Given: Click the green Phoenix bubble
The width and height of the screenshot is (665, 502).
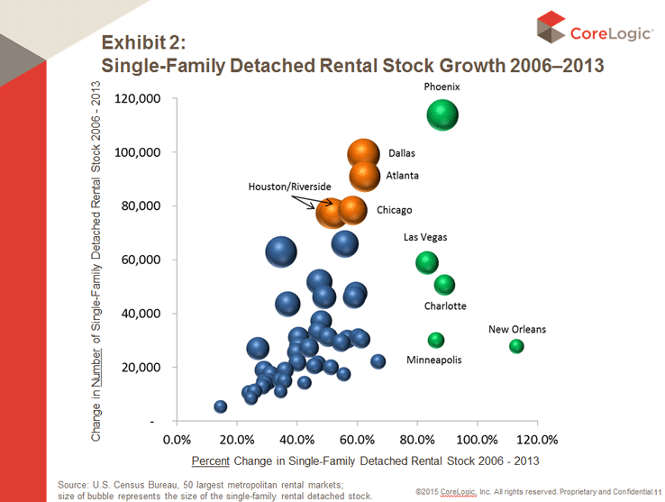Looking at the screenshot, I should (x=442, y=115).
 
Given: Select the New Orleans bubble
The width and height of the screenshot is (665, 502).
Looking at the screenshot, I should (x=516, y=346).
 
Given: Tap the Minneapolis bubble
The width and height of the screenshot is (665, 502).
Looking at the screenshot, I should (x=436, y=340).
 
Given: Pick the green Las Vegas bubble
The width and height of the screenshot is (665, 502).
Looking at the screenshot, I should (x=427, y=262).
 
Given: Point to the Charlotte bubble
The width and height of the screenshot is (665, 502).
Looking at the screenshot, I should (x=444, y=285).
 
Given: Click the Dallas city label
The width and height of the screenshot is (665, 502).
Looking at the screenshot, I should (x=402, y=153).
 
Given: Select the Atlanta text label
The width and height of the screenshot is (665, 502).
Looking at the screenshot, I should (x=402, y=176).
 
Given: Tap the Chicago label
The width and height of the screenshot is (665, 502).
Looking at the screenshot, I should (x=394, y=210).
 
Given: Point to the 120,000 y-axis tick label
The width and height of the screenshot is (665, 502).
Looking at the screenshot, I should (x=138, y=98).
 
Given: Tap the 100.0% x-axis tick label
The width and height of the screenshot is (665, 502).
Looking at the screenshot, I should (x=478, y=440).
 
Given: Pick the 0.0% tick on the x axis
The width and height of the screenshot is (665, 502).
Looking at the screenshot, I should (x=177, y=440).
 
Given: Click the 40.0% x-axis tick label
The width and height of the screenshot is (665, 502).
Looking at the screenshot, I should (x=297, y=440).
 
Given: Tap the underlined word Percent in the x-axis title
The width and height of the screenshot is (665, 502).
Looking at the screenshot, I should (x=211, y=461).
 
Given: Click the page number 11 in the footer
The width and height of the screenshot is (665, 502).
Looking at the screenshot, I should (x=658, y=491).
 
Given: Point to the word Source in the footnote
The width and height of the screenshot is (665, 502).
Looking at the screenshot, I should (x=74, y=484).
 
